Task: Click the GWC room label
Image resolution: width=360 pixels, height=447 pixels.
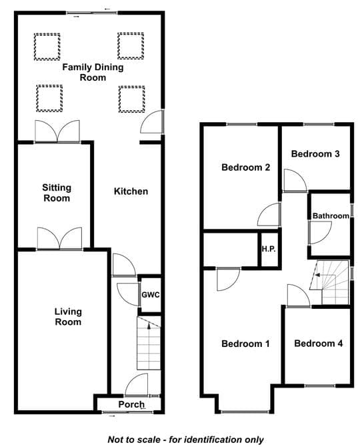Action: click(151, 295)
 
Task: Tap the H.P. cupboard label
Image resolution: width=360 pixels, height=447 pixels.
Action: click(269, 249)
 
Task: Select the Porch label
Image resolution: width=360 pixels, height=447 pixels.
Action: click(131, 404)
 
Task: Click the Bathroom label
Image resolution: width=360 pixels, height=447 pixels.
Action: click(331, 215)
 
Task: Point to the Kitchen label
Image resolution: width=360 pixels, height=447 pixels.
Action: click(131, 191)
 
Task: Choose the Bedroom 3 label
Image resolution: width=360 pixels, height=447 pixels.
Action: click(315, 154)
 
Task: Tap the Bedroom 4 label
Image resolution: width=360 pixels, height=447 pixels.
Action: click(319, 343)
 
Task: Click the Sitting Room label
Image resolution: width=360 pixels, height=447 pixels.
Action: click(57, 193)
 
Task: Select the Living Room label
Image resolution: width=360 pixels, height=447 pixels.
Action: click(68, 317)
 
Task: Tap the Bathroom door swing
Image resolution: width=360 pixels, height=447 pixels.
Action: click(320, 233)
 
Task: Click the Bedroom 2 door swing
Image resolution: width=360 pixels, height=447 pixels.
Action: click(269, 214)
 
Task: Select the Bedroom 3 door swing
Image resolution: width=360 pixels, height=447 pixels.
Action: click(295, 180)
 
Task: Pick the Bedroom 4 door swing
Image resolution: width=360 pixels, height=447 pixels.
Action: click(299, 296)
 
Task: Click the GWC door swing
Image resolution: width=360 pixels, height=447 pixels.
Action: click(128, 294)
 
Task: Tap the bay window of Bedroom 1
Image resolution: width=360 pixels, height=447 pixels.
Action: click(245, 411)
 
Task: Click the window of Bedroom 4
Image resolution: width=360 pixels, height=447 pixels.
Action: click(320, 386)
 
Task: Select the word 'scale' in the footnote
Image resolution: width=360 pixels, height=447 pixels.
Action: click(148, 439)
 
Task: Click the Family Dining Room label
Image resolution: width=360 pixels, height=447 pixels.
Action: click(93, 72)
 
